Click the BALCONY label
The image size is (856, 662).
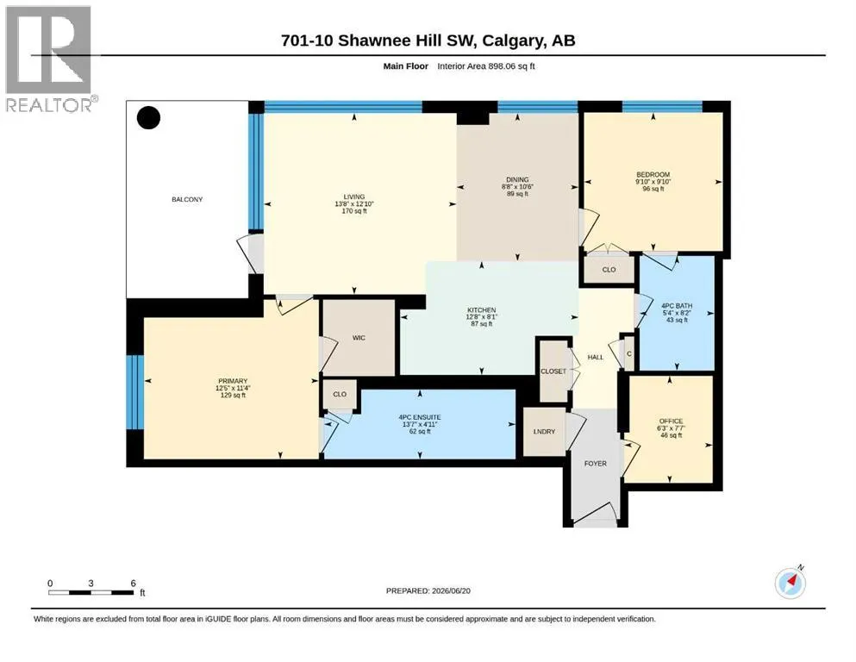click(x=187, y=200)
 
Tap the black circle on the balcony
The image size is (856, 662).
click(x=148, y=118)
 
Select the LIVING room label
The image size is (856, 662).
click(x=353, y=197)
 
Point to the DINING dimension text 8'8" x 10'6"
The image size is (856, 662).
click(x=517, y=187)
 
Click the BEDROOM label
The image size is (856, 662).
click(x=653, y=175)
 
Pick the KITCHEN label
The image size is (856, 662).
click(x=482, y=310)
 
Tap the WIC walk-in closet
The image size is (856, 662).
click(x=359, y=338)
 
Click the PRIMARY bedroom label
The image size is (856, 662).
click(x=233, y=381)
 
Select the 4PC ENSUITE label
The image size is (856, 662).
click(x=420, y=417)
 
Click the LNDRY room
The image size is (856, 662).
click(x=544, y=432)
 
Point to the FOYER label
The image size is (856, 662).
click(x=595, y=464)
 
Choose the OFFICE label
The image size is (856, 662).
click(x=671, y=422)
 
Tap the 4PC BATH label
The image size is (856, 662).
click(x=677, y=306)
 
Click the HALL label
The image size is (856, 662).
click(x=595, y=358)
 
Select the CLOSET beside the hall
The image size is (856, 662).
click(x=553, y=372)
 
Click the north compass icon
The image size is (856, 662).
click(x=790, y=583)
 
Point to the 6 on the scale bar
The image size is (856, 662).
click(x=134, y=584)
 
